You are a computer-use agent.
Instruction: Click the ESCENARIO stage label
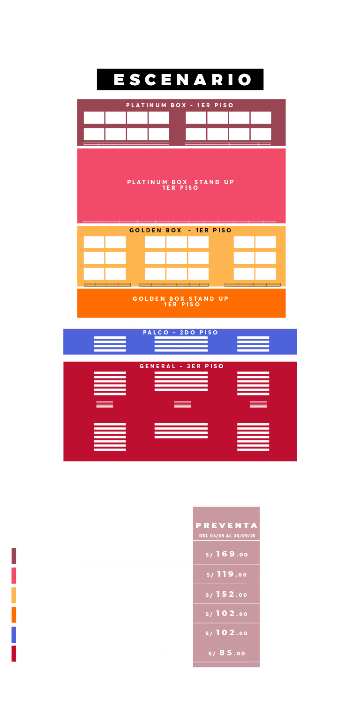[180, 80]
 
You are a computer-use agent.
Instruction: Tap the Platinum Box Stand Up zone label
[180, 185]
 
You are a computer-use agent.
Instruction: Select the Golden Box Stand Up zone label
[180, 301]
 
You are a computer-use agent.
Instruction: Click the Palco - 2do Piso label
[180, 333]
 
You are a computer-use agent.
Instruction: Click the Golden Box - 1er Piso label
[180, 230]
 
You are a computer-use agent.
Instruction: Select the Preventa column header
[226, 526]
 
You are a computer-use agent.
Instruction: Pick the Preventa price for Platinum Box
[226, 554]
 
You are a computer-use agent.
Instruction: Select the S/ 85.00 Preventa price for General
[226, 653]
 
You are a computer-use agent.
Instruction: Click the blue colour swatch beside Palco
[14, 634]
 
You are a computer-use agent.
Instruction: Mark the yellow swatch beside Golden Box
[14, 594]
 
